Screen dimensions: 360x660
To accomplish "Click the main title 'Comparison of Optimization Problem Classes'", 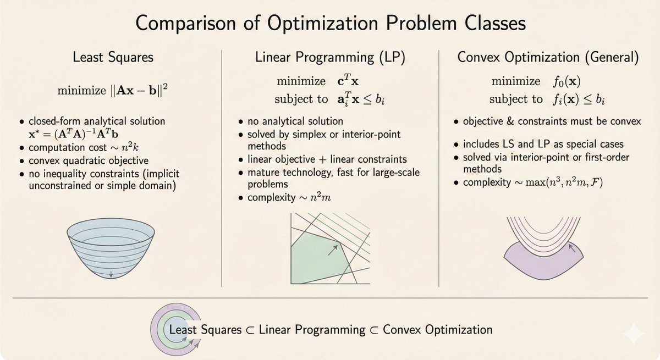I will [329, 25].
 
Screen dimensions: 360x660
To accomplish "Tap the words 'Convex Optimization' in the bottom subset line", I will [437, 330].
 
